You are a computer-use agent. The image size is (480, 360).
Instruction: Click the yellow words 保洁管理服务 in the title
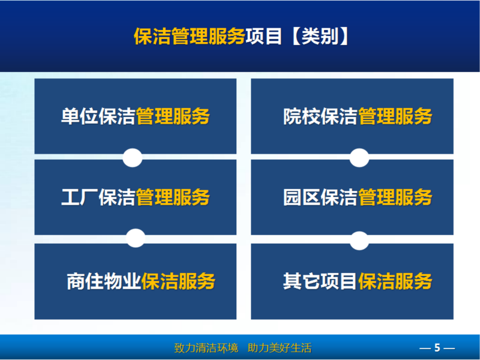coord(190,36)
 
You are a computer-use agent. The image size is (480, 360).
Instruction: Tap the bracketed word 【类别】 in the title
coord(320,36)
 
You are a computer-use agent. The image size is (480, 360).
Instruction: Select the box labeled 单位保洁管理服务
coord(136,116)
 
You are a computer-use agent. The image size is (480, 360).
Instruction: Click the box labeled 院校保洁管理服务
coord(352,116)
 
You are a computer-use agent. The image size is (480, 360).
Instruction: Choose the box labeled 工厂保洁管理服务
coord(136,197)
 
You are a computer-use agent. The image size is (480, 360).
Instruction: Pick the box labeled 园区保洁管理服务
coord(352,197)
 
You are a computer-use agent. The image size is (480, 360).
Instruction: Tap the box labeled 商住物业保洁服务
coord(136,281)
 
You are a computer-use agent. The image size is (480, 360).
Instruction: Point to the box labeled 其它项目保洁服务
coord(352,281)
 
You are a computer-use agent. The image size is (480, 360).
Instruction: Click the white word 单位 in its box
coord(80,116)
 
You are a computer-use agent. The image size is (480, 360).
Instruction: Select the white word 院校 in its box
coord(302,116)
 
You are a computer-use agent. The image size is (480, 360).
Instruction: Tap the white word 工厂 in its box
coord(80,197)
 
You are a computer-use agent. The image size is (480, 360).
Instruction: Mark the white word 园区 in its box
coord(302,197)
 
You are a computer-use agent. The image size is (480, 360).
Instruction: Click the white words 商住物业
coord(104,281)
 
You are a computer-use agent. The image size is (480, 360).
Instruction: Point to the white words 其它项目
coord(320,281)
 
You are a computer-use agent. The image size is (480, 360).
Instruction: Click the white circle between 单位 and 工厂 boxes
coord(133,158)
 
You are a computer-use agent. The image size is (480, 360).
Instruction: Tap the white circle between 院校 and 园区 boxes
coord(359,158)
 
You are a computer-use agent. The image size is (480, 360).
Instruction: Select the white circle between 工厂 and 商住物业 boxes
coord(136,238)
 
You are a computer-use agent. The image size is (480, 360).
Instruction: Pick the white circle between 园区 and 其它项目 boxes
coord(359,241)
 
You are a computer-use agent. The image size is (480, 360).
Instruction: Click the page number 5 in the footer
coord(437,348)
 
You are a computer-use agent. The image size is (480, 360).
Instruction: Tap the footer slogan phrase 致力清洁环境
coord(206,348)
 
